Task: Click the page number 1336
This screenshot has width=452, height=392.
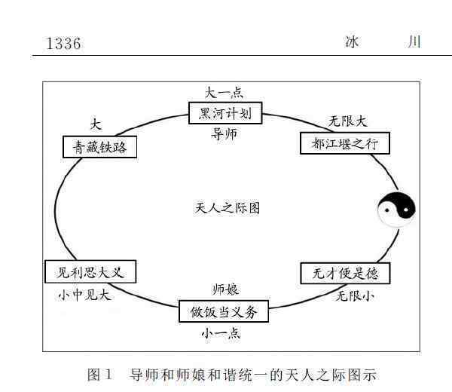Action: pyautogui.click(x=63, y=43)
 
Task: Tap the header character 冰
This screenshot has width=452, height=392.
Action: pyautogui.click(x=352, y=41)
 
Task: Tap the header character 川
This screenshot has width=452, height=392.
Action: pyautogui.click(x=413, y=41)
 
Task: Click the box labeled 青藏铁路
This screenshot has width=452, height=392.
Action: pyautogui.click(x=100, y=146)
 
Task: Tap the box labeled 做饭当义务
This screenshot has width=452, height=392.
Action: pyautogui.click(x=224, y=311)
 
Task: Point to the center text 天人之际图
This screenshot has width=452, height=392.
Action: pyautogui.click(x=228, y=208)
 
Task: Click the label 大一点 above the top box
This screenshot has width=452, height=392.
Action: pyautogui.click(x=224, y=93)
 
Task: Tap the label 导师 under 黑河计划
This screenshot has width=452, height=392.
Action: pyautogui.click(x=225, y=135)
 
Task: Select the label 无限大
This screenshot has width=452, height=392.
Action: pyautogui.click(x=348, y=121)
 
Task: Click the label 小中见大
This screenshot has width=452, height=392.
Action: pyautogui.click(x=84, y=295)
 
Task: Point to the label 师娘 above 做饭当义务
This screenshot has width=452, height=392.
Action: pyautogui.click(x=225, y=289)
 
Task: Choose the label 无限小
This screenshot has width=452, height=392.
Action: pyautogui.click(x=354, y=295)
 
